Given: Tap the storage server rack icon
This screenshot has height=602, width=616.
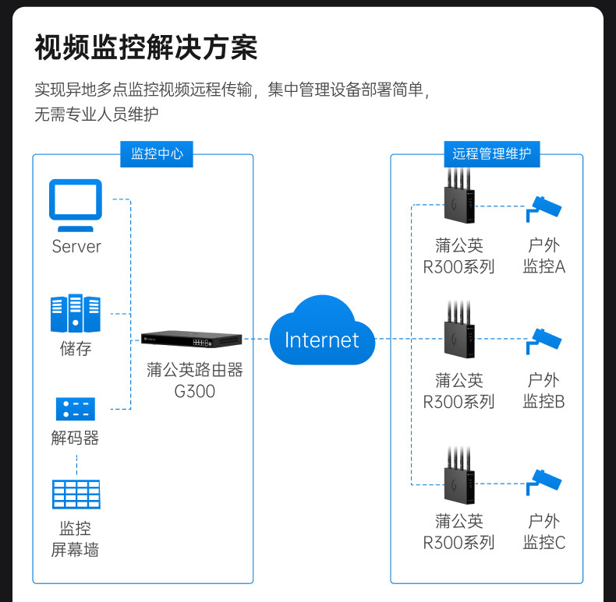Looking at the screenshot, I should [76, 313].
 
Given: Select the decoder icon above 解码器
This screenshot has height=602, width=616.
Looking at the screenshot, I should [76, 408].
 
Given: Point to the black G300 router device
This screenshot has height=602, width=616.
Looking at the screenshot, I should [192, 340].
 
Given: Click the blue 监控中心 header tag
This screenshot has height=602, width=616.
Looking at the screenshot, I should [157, 153].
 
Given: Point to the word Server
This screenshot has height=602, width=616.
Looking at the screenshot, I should [76, 247].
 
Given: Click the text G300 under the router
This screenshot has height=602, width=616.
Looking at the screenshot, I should [195, 391].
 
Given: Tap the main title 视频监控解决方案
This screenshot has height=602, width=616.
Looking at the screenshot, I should [146, 48].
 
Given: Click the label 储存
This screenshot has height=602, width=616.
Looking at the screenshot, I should [76, 348].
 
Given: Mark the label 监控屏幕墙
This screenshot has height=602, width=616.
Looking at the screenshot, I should [75, 539].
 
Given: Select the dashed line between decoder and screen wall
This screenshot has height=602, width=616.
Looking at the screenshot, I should [76, 463].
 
